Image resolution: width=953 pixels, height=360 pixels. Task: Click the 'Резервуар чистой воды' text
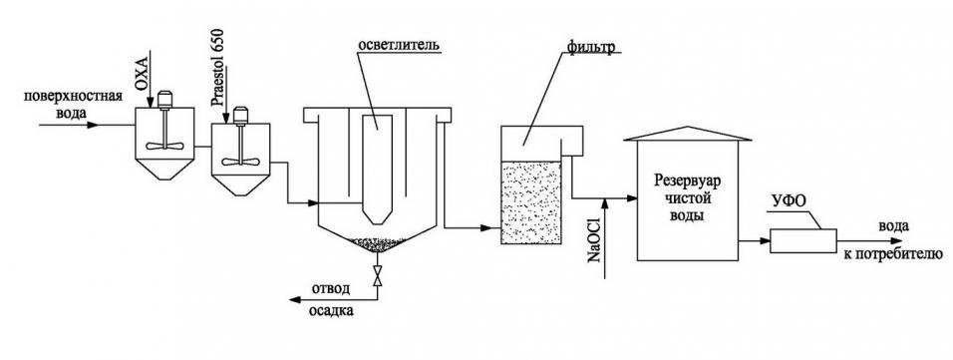686,197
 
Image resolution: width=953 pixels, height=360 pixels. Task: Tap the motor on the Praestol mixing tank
240,115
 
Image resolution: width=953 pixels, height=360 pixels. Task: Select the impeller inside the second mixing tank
240,160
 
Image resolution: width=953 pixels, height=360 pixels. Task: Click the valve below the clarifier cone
376,279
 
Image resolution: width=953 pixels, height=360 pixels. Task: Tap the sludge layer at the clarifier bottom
376,242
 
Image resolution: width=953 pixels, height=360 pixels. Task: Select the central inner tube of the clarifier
376,166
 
